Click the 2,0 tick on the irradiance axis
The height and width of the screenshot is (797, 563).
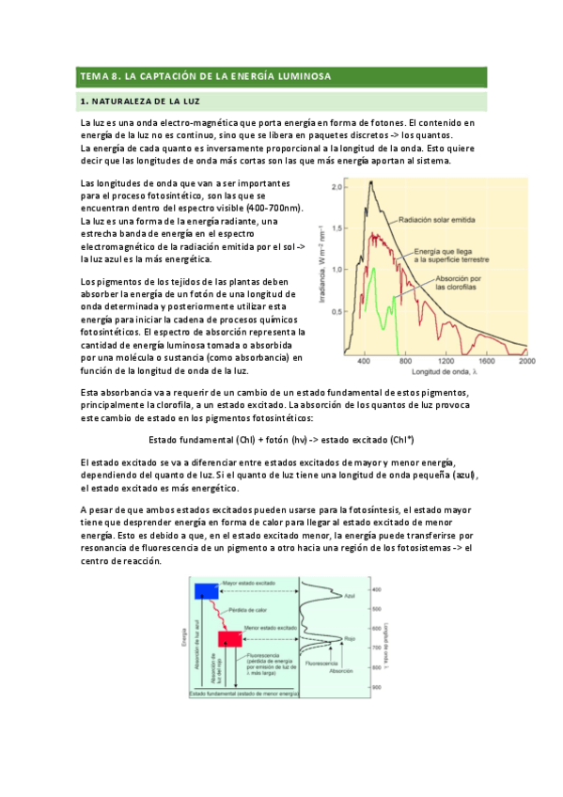[x=338, y=186]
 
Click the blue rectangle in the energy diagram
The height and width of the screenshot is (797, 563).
[x=205, y=590]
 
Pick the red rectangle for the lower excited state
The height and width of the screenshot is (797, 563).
[x=230, y=639]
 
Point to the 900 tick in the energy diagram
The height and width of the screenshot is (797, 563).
[x=375, y=687]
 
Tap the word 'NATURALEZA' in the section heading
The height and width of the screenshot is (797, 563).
[x=124, y=100]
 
